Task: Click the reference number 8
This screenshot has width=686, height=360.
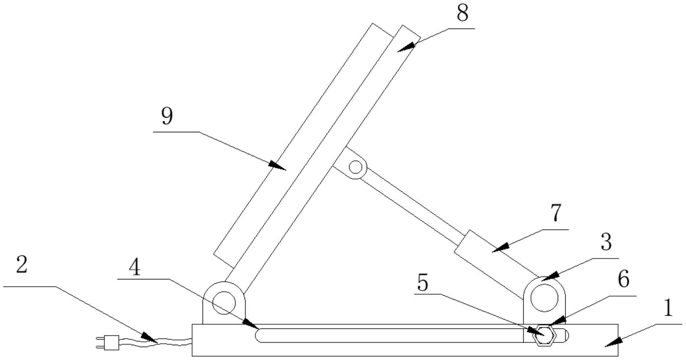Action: coord(462,14)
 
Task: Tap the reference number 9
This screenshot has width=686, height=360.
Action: coord(167,117)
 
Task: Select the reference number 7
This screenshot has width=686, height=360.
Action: coord(555,213)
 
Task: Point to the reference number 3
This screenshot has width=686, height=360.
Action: coord(606,242)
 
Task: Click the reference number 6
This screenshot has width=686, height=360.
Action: coord(623,279)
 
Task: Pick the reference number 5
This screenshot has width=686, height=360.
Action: coord(423,283)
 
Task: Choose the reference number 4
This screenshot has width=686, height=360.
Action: coord(135,268)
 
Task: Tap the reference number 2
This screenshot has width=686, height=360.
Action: coord(22,265)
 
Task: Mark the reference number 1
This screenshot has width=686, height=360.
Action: coord(668,308)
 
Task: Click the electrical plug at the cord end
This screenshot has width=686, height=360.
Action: coord(110,343)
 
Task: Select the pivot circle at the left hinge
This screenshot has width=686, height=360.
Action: coord(224,303)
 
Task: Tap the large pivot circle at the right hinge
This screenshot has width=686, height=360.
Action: coord(544,298)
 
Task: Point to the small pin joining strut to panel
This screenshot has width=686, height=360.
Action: coord(356,167)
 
